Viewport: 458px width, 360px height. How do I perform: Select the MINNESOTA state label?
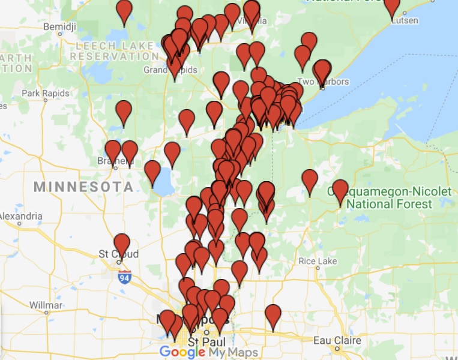(x=83, y=187)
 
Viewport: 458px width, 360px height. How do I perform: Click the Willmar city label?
(x=46, y=305)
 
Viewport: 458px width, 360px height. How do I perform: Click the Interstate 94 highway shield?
(x=125, y=277)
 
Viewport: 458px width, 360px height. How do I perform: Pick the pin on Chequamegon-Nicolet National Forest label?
(x=340, y=191)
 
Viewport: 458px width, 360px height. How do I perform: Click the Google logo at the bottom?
(x=182, y=352)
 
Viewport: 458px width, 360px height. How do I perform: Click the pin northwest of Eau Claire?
(x=273, y=316)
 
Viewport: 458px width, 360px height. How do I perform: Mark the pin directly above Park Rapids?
(x=124, y=112)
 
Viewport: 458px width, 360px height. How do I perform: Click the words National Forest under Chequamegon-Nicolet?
(x=389, y=204)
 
